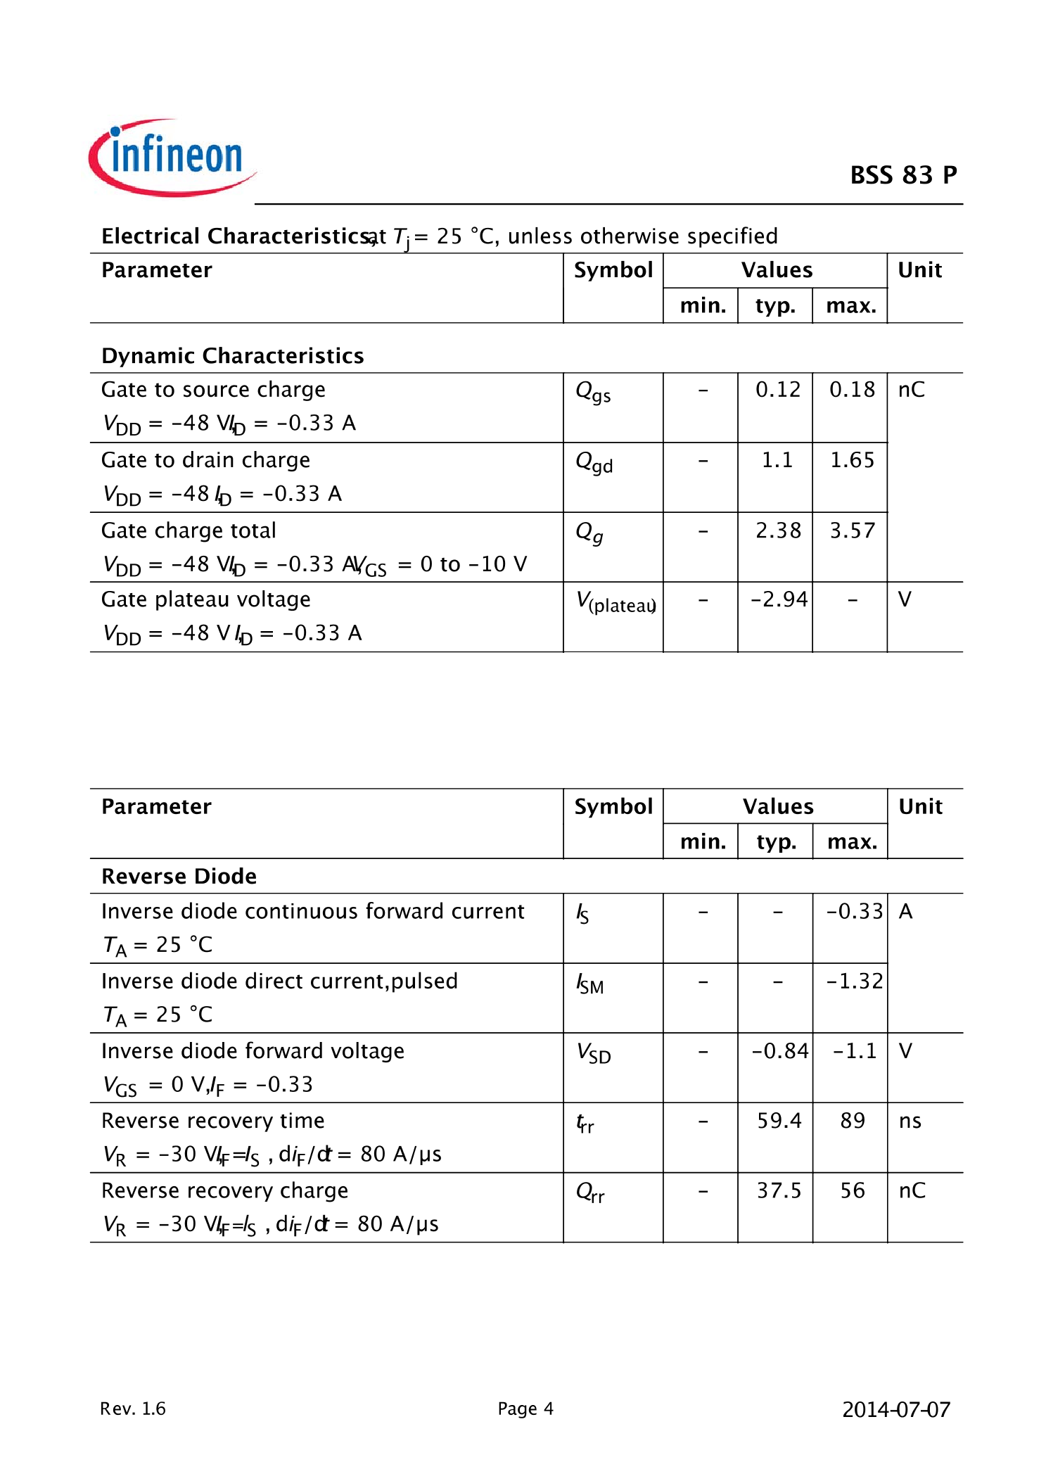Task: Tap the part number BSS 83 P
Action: point(903,175)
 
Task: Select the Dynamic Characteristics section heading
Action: point(232,356)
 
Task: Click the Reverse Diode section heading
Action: point(179,877)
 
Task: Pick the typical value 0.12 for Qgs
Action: point(777,390)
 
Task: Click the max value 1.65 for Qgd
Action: point(852,460)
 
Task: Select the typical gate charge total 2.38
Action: point(777,530)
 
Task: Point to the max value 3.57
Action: point(852,530)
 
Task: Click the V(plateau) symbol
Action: point(616,602)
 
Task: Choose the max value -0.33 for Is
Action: point(854,912)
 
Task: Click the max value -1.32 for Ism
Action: point(854,981)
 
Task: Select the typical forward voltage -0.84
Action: point(779,1051)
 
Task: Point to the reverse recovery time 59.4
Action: point(779,1121)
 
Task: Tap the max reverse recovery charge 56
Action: point(853,1190)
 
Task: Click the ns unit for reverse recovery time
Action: point(910,1121)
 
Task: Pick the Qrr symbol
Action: point(589,1192)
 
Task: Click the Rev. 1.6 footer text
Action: point(133,1409)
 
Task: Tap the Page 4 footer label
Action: point(525,1409)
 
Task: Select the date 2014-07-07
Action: point(895,1410)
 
